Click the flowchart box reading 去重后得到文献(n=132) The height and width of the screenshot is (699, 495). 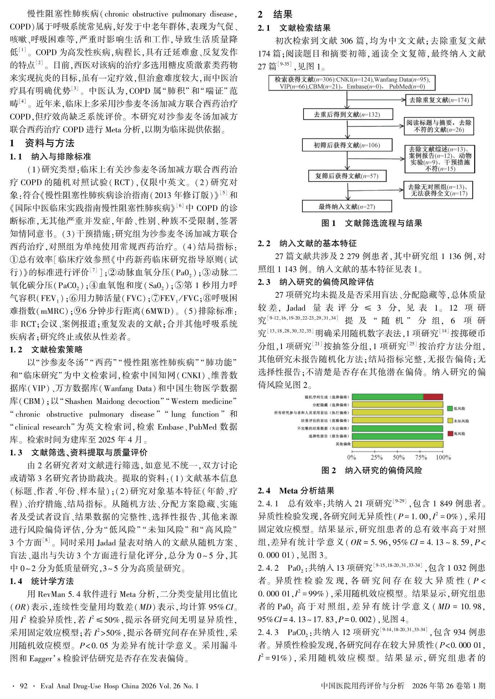tap(347, 115)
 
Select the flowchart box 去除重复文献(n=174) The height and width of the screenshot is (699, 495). tap(439, 100)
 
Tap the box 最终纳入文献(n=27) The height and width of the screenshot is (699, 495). tap(347, 206)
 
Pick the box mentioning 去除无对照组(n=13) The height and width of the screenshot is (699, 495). tap(438, 190)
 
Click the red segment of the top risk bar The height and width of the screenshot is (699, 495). tap(433, 397)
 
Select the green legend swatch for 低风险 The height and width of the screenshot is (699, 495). tap(450, 408)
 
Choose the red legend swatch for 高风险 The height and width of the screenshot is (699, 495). tap(450, 433)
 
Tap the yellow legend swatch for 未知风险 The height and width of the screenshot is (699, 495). tap(450, 421)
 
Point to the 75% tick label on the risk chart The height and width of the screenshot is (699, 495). tap(421, 457)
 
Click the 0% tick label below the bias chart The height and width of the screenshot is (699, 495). tap(352, 457)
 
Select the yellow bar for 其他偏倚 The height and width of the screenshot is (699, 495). tap(397, 444)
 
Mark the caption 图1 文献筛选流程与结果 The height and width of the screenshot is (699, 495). tap(372, 223)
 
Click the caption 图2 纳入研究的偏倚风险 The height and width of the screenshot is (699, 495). tap(372, 470)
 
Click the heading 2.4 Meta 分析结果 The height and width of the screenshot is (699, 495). tap(296, 490)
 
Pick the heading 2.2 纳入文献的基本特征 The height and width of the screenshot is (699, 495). tap(307, 244)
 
